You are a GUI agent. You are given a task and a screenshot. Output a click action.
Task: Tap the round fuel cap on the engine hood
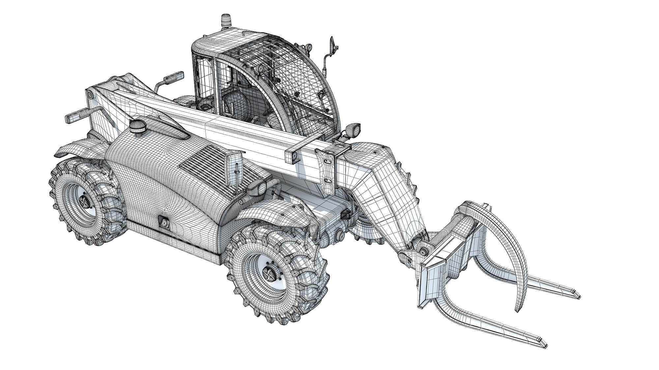(136, 125)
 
